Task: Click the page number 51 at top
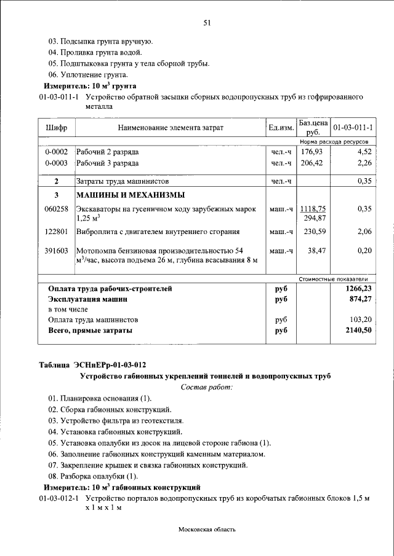(x=207, y=23)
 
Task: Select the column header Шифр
(x=57, y=128)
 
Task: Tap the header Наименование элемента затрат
(x=171, y=128)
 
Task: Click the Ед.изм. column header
(x=281, y=128)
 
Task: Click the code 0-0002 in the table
(x=57, y=151)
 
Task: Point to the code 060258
(x=57, y=209)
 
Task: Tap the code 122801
(x=57, y=232)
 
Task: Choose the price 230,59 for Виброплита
(x=313, y=232)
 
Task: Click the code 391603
(x=57, y=251)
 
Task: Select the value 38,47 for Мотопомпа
(x=315, y=251)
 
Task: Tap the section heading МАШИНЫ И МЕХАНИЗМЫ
(x=130, y=195)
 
